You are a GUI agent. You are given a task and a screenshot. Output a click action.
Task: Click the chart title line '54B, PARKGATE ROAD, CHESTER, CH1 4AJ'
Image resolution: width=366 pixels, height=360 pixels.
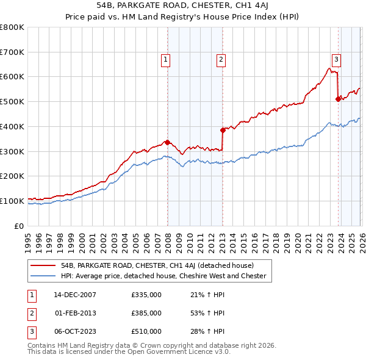(183, 6)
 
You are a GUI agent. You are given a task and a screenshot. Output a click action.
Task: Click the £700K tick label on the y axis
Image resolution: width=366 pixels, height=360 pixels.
(12, 52)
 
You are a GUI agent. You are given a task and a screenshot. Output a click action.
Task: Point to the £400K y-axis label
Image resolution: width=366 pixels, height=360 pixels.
(12, 126)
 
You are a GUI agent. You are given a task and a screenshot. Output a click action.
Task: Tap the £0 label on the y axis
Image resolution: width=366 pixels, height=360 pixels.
(19, 226)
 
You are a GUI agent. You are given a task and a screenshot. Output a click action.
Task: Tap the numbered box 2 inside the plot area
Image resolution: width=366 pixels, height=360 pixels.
(220, 59)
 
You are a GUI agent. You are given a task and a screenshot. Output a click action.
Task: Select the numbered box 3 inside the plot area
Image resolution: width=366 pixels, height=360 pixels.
(336, 59)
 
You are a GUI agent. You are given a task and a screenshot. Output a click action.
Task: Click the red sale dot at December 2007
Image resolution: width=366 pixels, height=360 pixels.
(167, 142)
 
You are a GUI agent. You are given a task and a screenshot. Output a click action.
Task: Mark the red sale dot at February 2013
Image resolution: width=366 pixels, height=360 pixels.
(223, 130)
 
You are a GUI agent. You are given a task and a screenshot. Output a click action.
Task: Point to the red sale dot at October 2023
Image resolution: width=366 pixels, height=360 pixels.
(337, 99)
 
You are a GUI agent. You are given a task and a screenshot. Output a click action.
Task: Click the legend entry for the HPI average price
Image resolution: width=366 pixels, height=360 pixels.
(163, 276)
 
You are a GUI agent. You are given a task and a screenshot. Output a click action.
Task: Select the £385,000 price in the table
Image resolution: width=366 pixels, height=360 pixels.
(146, 313)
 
